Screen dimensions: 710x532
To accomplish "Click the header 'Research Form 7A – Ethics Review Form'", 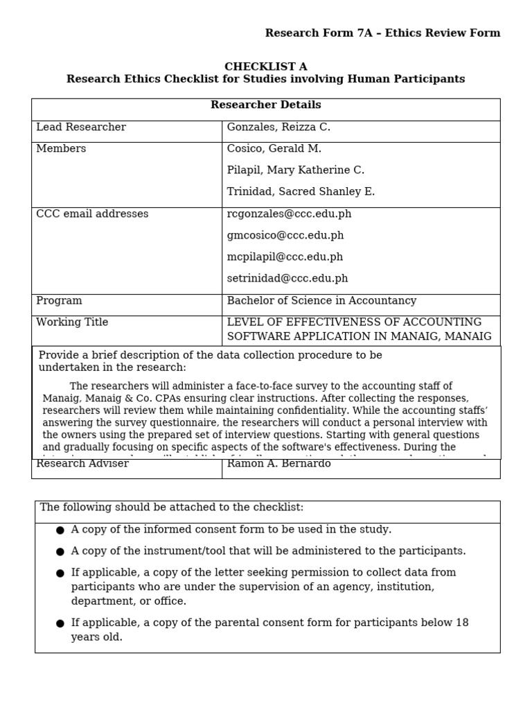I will (382, 33).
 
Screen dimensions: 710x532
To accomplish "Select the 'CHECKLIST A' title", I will (265, 67).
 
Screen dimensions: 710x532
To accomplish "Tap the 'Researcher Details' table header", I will (265, 105).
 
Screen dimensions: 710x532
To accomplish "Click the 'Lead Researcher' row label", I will (81, 128).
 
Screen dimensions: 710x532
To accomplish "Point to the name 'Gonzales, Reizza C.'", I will (278, 128).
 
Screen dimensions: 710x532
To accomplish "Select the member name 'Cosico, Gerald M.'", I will (274, 149).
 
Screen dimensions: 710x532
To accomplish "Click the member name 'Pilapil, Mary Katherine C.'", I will (295, 171).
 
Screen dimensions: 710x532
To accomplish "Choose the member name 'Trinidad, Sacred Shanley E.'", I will (301, 192).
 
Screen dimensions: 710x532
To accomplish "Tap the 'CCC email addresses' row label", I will (92, 214).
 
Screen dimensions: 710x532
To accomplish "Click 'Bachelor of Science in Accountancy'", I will (321, 301).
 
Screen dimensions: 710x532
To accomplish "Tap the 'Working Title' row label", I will (72, 322).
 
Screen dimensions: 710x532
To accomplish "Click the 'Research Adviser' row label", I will (82, 464).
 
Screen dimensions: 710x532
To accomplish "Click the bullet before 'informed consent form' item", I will (60, 530).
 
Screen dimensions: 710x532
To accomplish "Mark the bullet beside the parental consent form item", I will (60, 623).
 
